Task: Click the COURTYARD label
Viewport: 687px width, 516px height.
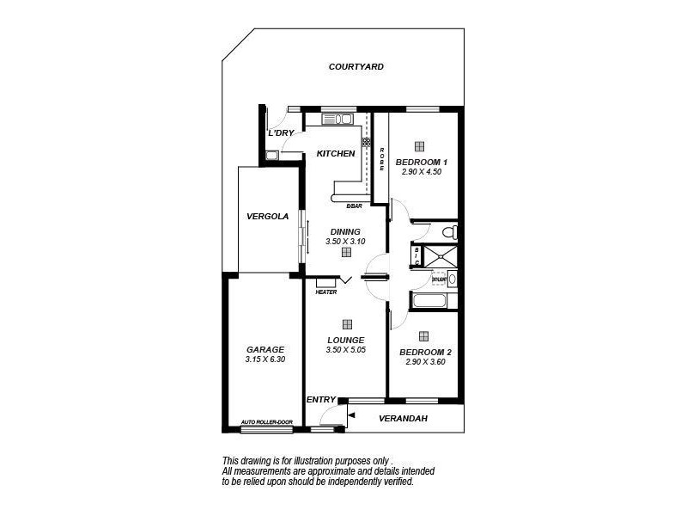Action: [x=356, y=66]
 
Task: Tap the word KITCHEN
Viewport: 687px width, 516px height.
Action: [x=336, y=154]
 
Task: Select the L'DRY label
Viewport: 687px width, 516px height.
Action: [x=281, y=133]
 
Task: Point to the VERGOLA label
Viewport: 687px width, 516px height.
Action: [x=267, y=217]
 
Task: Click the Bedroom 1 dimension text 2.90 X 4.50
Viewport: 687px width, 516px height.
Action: [x=421, y=172]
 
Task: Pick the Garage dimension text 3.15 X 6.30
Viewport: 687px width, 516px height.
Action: [x=265, y=359]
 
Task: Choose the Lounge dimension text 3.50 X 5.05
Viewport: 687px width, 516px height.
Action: [x=346, y=350]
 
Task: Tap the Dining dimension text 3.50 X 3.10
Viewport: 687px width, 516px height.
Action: [x=346, y=242]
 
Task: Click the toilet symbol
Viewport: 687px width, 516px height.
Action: [x=447, y=233]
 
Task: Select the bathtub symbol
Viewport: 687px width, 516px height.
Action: [x=429, y=301]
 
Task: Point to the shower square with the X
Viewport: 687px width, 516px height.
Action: [x=443, y=255]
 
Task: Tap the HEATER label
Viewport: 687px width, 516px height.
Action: [x=325, y=292]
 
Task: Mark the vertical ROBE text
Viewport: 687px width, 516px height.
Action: [x=382, y=159]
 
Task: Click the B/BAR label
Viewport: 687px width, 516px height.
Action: [x=354, y=206]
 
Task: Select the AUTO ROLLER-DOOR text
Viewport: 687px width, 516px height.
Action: [x=266, y=422]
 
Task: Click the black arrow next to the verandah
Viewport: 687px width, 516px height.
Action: [x=351, y=415]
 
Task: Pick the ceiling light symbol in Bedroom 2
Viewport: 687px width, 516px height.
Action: [x=424, y=336]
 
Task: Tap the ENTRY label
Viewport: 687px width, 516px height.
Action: [x=320, y=399]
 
